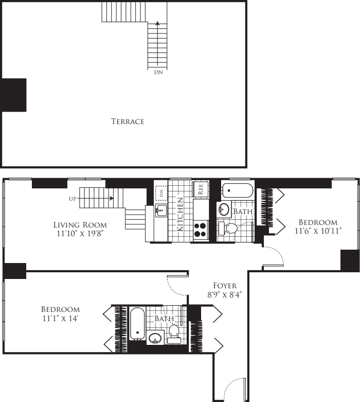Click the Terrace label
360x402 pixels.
tap(128, 121)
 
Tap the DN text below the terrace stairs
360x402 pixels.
tap(158, 73)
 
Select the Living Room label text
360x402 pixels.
tap(80, 224)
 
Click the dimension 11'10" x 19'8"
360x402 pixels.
tap(80, 234)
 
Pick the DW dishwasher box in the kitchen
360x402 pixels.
tap(161, 194)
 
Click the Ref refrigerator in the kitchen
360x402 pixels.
tap(201, 188)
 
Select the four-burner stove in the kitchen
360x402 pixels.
tap(200, 229)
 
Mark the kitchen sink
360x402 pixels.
tap(161, 210)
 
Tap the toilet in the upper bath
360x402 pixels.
tap(229, 229)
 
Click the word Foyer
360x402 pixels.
tap(225, 285)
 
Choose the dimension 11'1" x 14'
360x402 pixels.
tap(60, 319)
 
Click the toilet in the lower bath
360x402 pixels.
tap(174, 333)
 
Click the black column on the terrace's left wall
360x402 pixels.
tap(13, 95)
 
